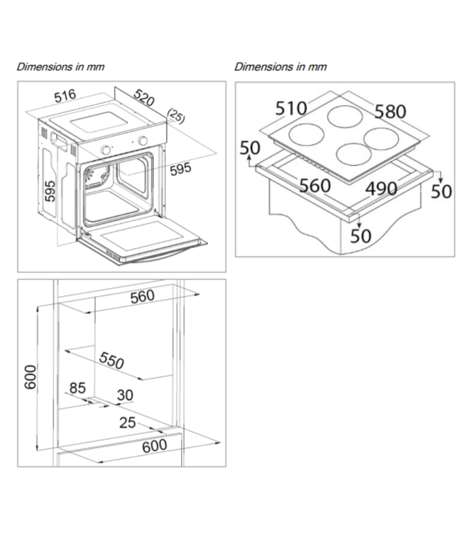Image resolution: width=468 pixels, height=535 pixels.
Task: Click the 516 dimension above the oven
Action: coord(65,96)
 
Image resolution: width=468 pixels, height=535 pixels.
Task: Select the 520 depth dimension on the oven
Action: coord(144,98)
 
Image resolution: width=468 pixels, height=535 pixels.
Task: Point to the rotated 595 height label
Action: coord(50,191)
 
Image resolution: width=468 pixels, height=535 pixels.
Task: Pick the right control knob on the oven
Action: coord(143,140)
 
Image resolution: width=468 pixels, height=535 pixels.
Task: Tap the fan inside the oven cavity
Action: coord(94,176)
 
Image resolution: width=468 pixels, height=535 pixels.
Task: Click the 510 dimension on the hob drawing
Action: coord(291,108)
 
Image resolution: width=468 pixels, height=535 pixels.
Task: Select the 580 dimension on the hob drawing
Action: coord(390,112)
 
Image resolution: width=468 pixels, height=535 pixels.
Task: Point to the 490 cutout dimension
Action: coord(381,189)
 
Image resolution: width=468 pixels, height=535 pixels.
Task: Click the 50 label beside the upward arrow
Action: coord(250,148)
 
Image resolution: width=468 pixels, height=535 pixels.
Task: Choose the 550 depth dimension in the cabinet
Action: coord(112,360)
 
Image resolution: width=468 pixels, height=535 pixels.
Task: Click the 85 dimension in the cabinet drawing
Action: coord(77,388)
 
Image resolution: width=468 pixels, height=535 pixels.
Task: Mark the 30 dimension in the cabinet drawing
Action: coord(125,395)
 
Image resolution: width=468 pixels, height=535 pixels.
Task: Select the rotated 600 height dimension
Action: coord(30,377)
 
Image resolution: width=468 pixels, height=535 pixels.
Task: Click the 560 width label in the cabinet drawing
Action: coord(142,296)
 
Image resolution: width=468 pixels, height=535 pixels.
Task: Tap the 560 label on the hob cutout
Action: coord(315,186)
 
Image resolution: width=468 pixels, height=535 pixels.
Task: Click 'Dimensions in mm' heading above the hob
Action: coord(280,67)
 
